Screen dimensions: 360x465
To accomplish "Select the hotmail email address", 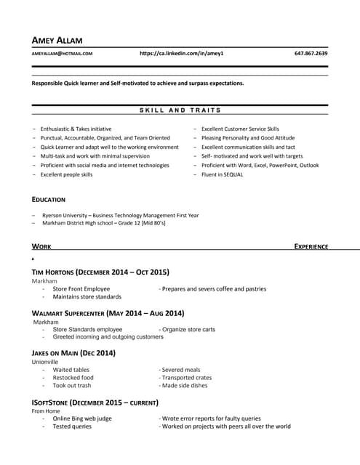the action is pos(62,54).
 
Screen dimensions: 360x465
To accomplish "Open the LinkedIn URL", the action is pos(181,54).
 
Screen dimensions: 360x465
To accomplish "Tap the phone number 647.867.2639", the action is pos(311,54).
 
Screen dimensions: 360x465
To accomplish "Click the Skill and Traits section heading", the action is pos(180,110).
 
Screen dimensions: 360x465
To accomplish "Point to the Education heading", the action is pos(49,199).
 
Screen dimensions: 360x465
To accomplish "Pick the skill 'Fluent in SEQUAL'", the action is pos(223,174).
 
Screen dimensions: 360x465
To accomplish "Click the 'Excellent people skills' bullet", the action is pos(66,174).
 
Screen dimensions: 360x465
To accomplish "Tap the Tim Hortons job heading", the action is pos(100,272).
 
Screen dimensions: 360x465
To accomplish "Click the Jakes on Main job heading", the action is pos(73,353).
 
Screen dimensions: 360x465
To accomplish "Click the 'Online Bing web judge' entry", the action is pos(82,418).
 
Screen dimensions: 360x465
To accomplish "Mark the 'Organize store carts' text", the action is pos(188,329).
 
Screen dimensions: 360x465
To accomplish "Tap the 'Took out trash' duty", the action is pos(72,386).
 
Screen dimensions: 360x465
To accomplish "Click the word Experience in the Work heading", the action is pos(311,247).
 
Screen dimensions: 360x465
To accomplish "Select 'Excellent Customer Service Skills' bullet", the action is pos(240,129).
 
